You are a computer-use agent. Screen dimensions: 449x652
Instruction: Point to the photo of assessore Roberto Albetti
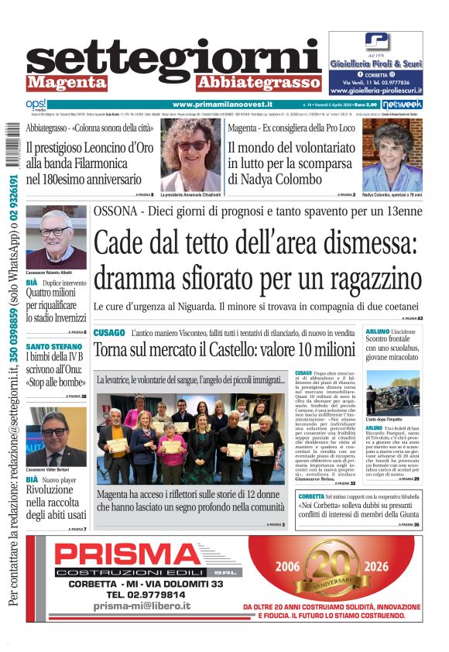pyautogui.click(x=56, y=236)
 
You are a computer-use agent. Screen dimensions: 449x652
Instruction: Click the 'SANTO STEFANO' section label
pyautogui.click(x=53, y=346)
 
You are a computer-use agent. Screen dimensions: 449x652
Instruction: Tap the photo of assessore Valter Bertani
pyautogui.click(x=56, y=436)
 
